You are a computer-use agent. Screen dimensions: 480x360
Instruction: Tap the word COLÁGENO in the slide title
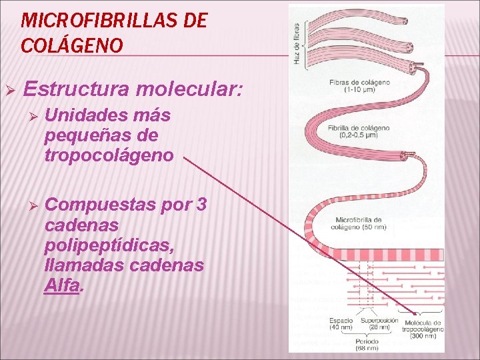tap(72, 45)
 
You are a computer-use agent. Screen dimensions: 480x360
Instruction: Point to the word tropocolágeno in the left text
tap(109, 155)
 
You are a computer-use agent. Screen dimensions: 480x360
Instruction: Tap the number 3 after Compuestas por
tap(201, 205)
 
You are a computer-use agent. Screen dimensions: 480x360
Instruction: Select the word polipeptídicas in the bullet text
tap(109, 245)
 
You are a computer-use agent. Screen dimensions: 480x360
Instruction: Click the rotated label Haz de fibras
tap(296, 44)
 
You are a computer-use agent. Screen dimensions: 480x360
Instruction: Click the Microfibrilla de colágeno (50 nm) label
tap(359, 223)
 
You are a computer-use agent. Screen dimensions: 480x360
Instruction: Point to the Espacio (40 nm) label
tap(341, 324)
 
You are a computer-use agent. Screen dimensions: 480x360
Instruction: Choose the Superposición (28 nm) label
tap(379, 324)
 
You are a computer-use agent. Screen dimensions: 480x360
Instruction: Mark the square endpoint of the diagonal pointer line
tap(415, 313)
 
